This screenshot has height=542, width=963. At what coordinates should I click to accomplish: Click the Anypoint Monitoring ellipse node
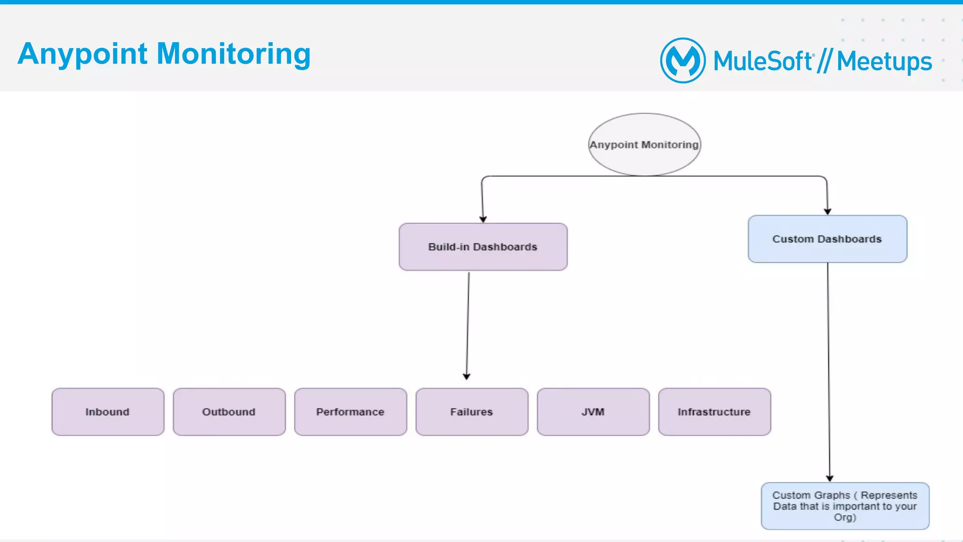[x=644, y=144]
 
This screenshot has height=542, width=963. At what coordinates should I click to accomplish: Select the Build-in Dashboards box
[x=483, y=247]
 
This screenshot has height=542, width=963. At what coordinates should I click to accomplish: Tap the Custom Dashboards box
[x=827, y=239]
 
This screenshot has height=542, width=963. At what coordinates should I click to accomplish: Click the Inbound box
[x=108, y=412]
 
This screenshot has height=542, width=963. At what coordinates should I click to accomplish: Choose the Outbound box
[x=229, y=412]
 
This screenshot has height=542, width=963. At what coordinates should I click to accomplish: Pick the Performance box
[x=350, y=412]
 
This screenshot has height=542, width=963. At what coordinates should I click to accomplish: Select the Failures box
[x=472, y=412]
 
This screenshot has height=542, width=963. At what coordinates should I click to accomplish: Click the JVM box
[x=593, y=412]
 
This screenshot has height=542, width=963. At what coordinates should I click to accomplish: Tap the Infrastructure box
[x=714, y=412]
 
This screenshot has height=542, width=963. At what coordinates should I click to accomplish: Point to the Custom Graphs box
[x=845, y=506]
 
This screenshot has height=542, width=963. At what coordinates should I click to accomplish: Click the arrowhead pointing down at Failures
[x=466, y=377]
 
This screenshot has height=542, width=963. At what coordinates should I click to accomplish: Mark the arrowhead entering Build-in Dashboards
[x=483, y=219]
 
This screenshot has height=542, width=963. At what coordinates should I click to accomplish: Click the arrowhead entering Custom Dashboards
[x=828, y=212]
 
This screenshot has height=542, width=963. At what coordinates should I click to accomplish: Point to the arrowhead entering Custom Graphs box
[x=830, y=478]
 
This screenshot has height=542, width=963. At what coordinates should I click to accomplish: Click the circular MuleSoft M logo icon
[x=683, y=61]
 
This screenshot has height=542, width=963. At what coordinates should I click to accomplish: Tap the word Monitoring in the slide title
[x=233, y=54]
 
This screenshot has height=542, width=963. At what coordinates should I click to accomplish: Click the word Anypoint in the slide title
[x=83, y=54]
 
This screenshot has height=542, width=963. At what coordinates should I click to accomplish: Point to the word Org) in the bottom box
[x=845, y=518]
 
